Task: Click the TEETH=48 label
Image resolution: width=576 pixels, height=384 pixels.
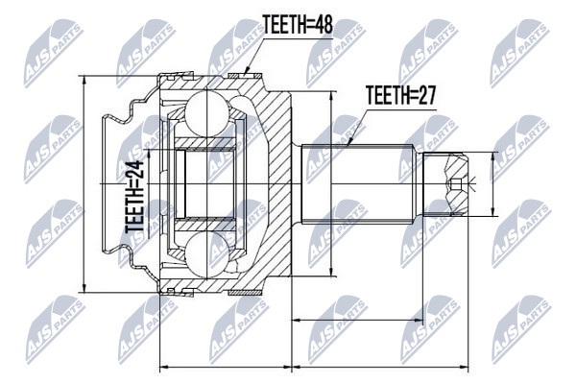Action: point(298,25)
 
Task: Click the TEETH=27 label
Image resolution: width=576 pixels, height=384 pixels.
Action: point(401,96)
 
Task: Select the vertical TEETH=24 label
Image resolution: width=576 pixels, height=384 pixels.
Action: point(134,197)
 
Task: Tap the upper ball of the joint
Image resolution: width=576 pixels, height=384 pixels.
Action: point(206,113)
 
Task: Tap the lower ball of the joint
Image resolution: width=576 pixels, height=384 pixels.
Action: point(206,253)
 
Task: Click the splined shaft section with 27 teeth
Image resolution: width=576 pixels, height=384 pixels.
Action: point(358,183)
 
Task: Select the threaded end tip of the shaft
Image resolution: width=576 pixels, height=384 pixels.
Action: point(445,183)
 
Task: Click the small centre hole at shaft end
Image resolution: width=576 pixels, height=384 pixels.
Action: point(455,183)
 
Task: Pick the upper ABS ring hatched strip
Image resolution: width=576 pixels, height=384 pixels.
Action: point(245,76)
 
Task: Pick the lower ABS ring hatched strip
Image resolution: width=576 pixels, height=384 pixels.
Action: point(245,293)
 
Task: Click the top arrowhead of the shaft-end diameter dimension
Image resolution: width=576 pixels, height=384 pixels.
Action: point(493,156)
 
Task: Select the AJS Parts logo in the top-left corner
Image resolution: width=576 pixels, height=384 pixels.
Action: point(53,54)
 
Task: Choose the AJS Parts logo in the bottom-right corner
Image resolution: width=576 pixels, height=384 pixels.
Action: point(521,329)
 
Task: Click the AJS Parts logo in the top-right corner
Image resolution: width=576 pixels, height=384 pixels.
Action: point(520,54)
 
